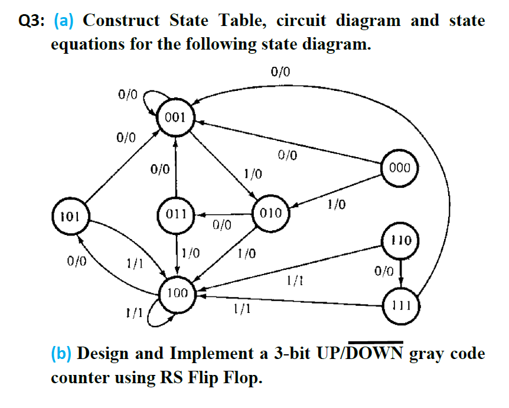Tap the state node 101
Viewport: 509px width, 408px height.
click(x=69, y=215)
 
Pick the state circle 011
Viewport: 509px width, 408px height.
click(x=176, y=213)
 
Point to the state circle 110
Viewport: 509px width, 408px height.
click(x=402, y=240)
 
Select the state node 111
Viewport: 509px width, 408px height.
click(x=402, y=306)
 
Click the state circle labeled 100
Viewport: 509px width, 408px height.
click(x=177, y=293)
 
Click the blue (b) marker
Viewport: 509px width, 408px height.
click(x=61, y=354)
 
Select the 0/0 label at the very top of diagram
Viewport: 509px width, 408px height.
click(x=281, y=73)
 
